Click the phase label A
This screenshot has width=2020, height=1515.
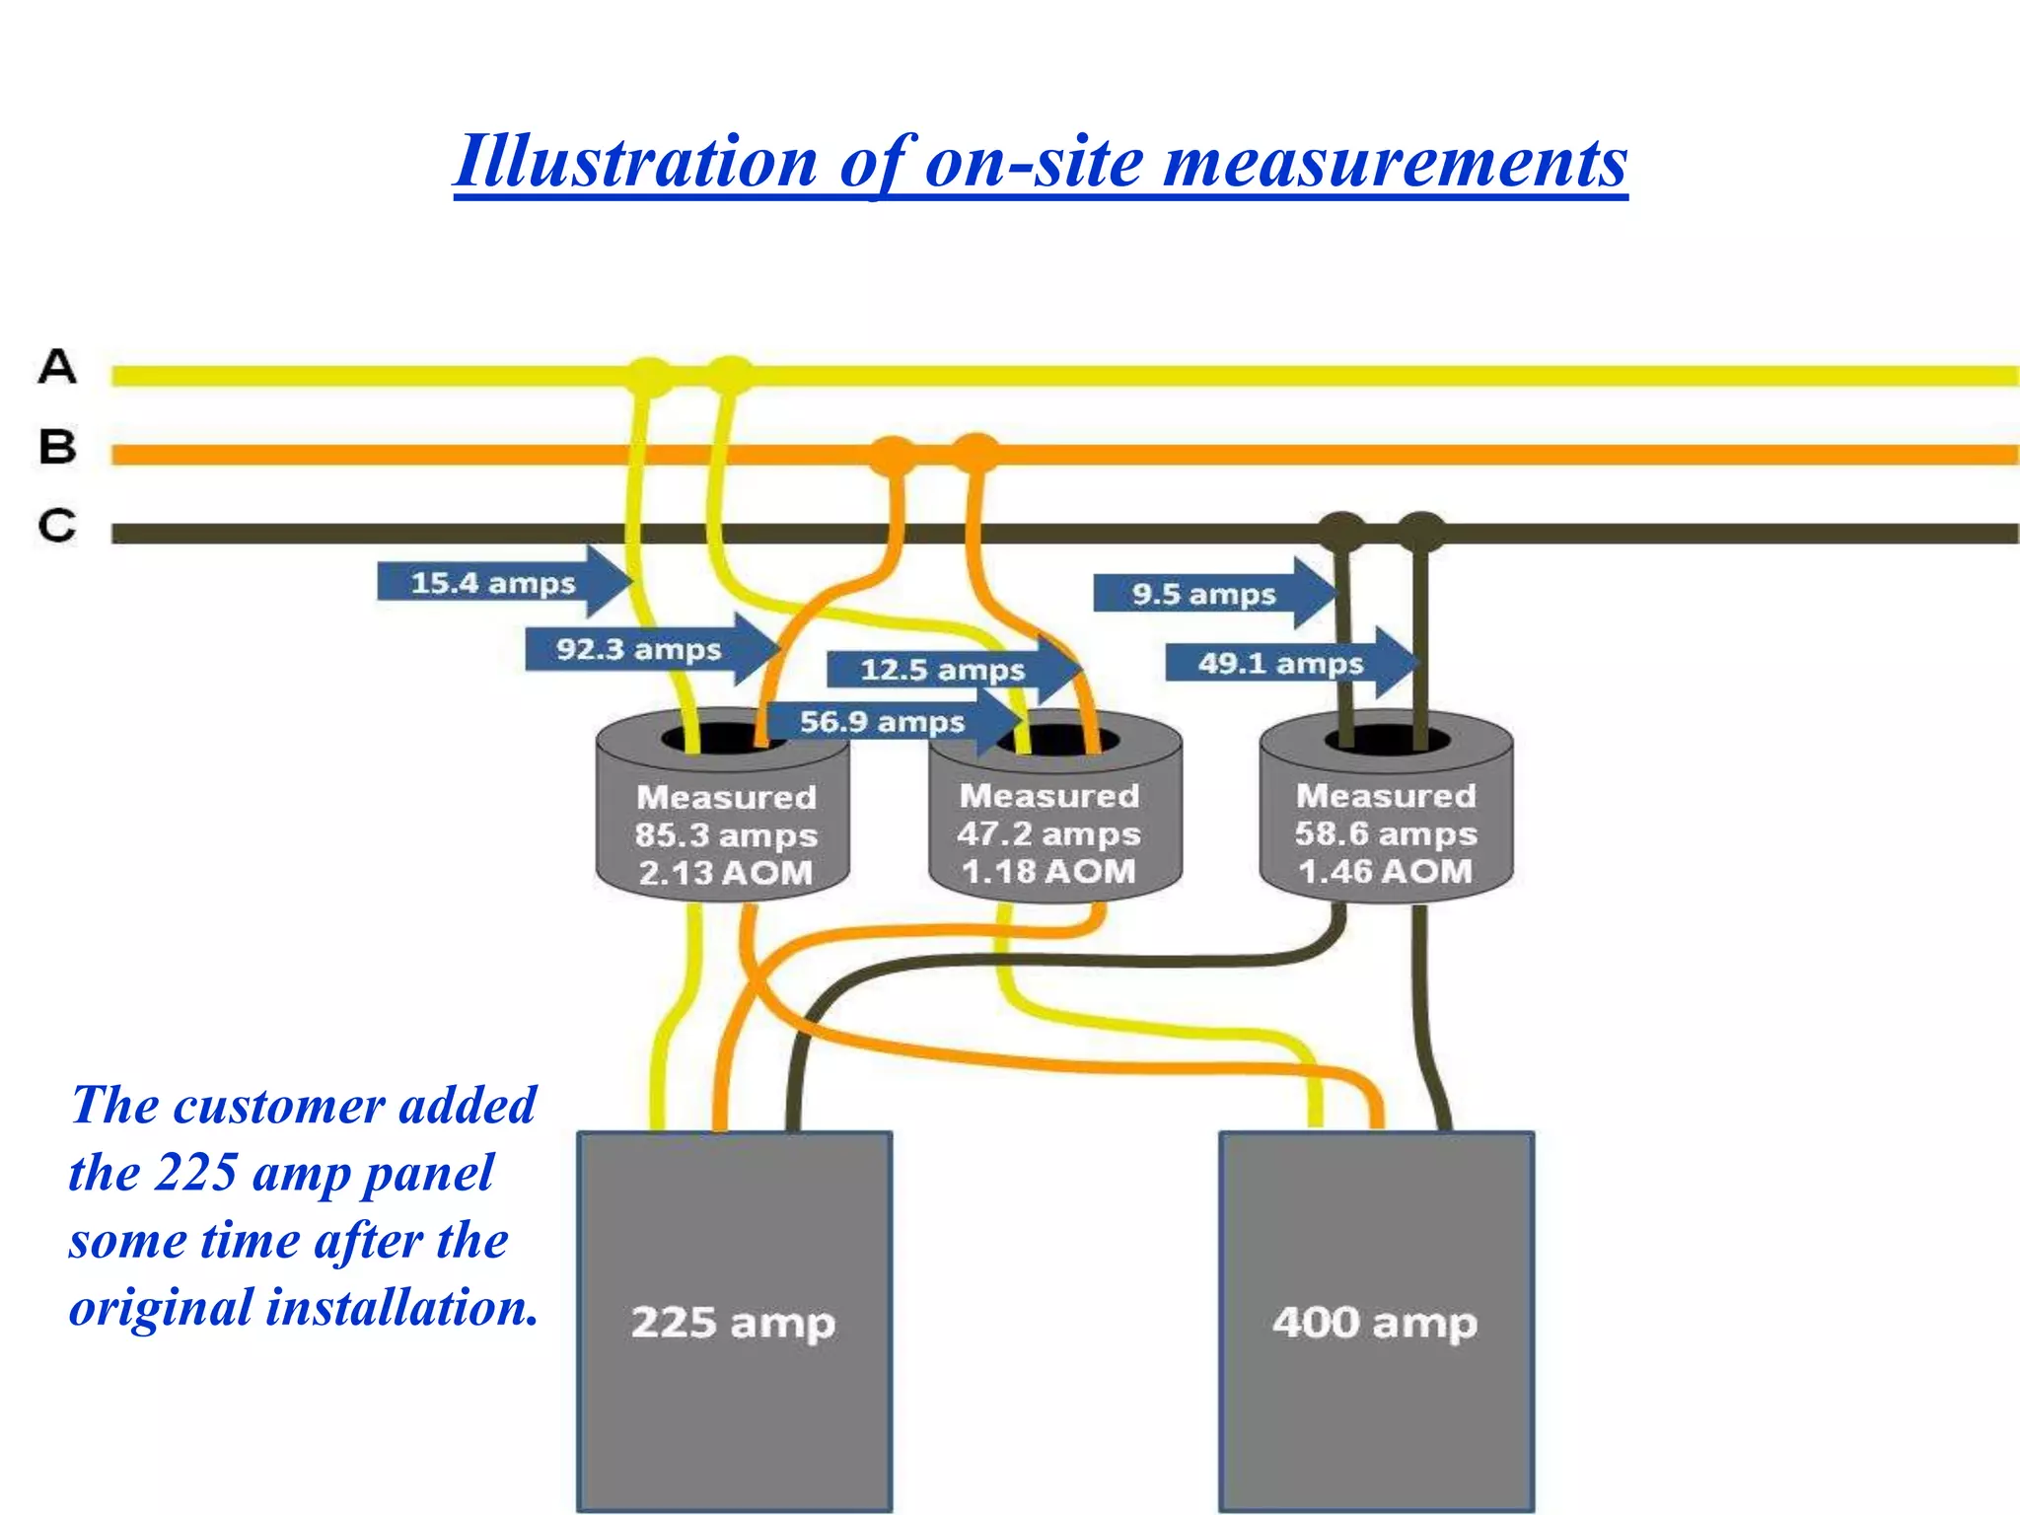(x=57, y=367)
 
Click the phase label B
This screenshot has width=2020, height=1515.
(x=57, y=447)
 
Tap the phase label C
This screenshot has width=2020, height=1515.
(x=57, y=525)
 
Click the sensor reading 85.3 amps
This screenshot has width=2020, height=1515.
(x=726, y=835)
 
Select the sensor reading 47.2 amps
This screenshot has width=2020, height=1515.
(x=1048, y=834)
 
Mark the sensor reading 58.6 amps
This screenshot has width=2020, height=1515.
(x=1386, y=834)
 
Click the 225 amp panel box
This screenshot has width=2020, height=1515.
(x=735, y=1322)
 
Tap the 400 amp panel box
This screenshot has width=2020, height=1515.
(x=1376, y=1322)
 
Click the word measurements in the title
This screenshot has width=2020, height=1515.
(x=1395, y=162)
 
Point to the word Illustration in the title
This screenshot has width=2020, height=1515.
(x=636, y=162)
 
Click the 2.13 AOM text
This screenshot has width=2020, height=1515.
(x=725, y=873)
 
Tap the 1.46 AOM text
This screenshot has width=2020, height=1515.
(x=1386, y=872)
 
